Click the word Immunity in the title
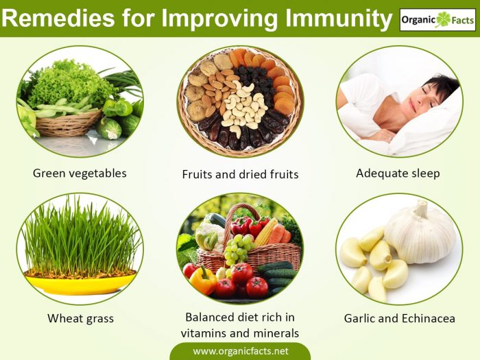click(338, 19)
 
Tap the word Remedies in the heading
click(58, 18)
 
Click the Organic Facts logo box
click(437, 20)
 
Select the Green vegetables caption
click(80, 173)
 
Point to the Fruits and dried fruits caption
click(240, 174)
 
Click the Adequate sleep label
click(398, 173)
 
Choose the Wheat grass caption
click(80, 319)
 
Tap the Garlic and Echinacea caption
click(400, 318)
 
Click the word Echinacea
click(429, 318)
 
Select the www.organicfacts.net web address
click(240, 351)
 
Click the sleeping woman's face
click(427, 97)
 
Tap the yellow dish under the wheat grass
click(80, 283)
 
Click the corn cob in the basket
click(266, 232)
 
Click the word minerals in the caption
click(276, 333)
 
